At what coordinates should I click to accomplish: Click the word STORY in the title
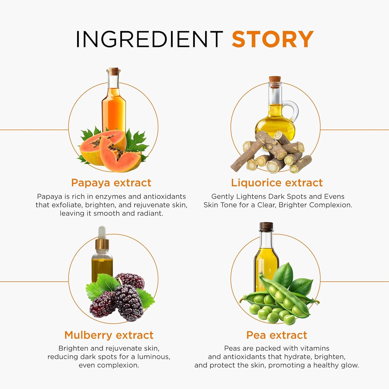[273, 39]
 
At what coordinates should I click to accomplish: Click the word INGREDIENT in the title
[149, 39]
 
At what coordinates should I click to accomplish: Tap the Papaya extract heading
[111, 183]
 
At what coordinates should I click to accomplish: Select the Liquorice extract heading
[277, 183]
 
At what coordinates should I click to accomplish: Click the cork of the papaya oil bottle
[114, 71]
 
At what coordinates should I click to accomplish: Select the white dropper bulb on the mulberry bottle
[102, 232]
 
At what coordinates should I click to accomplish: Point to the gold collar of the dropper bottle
[102, 244]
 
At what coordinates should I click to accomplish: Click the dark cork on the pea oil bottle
[267, 227]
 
